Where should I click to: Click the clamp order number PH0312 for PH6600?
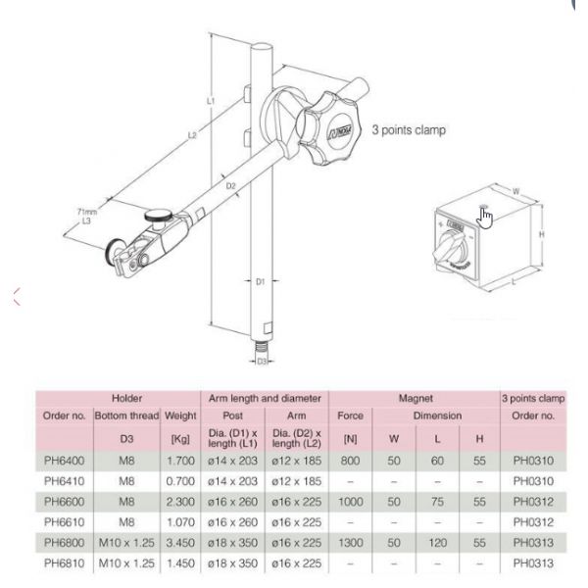pyautogui.click(x=533, y=500)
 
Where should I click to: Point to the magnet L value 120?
pyautogui.click(x=435, y=537)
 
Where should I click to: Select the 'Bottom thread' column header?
pyautogui.click(x=120, y=416)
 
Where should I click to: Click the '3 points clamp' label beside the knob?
pyautogui.click(x=410, y=128)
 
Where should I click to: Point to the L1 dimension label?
pyautogui.click(x=212, y=101)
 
